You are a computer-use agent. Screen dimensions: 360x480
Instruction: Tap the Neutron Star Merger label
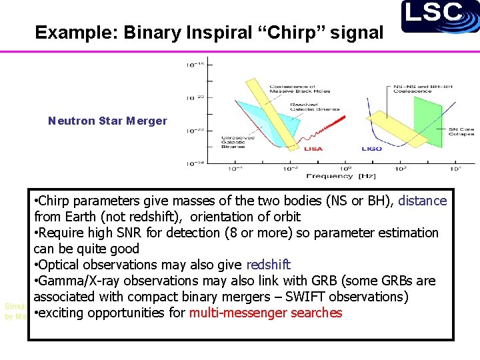[x=107, y=121]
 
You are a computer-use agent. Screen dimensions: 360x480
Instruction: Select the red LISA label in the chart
[x=313, y=149]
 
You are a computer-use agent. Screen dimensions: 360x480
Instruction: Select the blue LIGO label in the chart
[x=372, y=149]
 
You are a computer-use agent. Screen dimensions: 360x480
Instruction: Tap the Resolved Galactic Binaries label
[x=314, y=106]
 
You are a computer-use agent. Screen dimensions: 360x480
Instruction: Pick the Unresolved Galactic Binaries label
[x=237, y=141]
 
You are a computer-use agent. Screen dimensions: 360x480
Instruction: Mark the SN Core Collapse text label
[x=461, y=131]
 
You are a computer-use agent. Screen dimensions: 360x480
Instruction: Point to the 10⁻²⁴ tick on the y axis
[x=195, y=163]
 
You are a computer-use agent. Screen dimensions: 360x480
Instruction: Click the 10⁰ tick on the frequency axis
[x=347, y=169]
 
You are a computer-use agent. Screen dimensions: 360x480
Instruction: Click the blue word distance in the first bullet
[x=422, y=201]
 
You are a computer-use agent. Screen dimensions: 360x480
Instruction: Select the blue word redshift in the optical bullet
[x=268, y=265]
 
